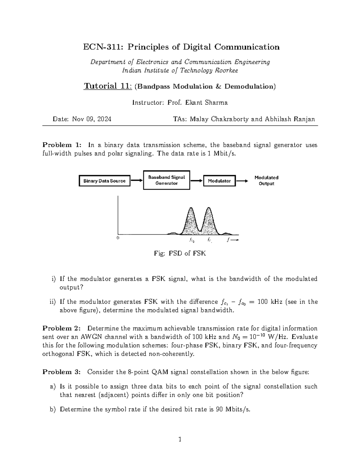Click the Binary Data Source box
104,181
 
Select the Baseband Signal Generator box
166,180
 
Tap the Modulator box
219,181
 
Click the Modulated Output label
266,181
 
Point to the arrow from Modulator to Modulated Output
242,181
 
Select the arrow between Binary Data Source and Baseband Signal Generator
137,181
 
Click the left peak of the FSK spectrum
191,210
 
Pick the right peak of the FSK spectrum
209,210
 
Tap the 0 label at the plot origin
118,238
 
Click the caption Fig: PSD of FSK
180,254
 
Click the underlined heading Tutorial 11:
107,86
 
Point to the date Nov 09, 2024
91,119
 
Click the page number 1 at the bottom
180,440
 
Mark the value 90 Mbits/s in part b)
233,409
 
